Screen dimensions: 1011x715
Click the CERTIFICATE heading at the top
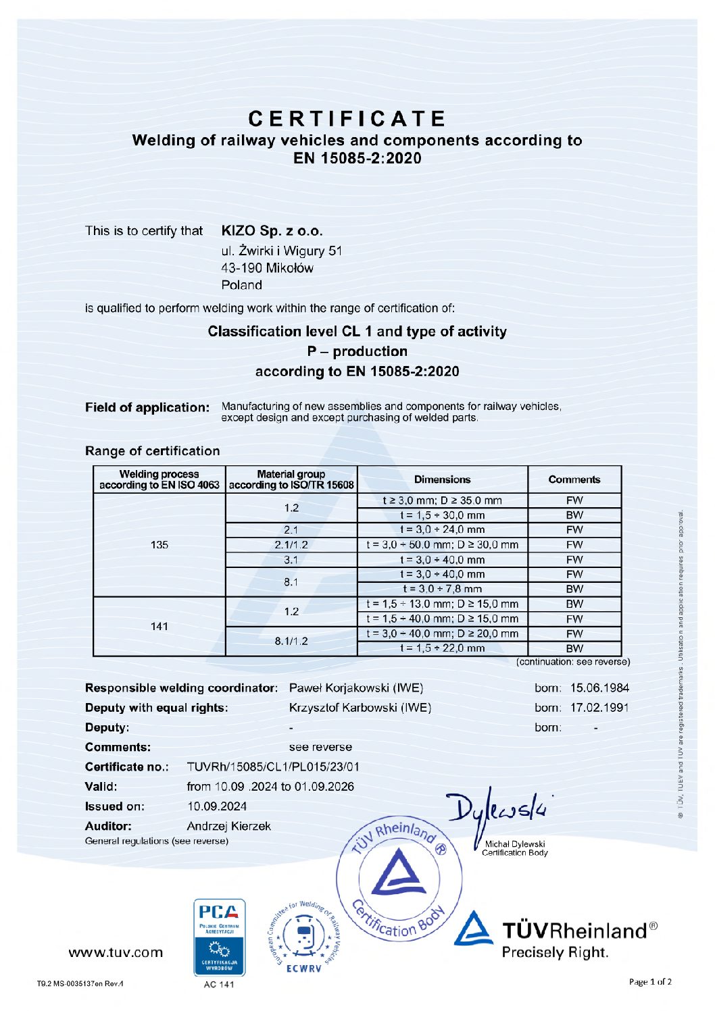pyautogui.click(x=347, y=119)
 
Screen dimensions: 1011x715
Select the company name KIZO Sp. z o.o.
pyautogui.click(x=272, y=231)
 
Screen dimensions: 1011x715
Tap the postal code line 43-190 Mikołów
pyautogui.click(x=267, y=268)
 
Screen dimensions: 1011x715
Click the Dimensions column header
pyautogui.click(x=442, y=479)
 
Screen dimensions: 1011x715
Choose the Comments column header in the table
pyautogui.click(x=574, y=479)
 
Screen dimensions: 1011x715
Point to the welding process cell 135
pyautogui.click(x=159, y=544)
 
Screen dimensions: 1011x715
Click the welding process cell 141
pyautogui.click(x=159, y=626)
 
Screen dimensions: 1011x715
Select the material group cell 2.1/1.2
pyautogui.click(x=291, y=544)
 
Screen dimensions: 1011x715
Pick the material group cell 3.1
pyautogui.click(x=291, y=559)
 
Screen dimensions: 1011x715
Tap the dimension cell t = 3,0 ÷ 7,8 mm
pyautogui.click(x=442, y=589)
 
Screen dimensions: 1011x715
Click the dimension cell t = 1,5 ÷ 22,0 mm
pyautogui.click(x=442, y=648)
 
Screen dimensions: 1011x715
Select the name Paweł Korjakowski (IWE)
pyautogui.click(x=356, y=688)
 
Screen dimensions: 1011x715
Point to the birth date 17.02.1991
pyautogui.click(x=599, y=708)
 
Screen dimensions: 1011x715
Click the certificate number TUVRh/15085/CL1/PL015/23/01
pyautogui.click(x=273, y=767)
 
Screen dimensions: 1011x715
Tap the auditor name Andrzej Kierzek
pyautogui.click(x=228, y=826)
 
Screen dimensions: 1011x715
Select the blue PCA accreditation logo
pyautogui.click(x=219, y=937)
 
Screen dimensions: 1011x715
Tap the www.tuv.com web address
pyautogui.click(x=116, y=952)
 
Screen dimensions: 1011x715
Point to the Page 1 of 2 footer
pyautogui.click(x=650, y=982)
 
